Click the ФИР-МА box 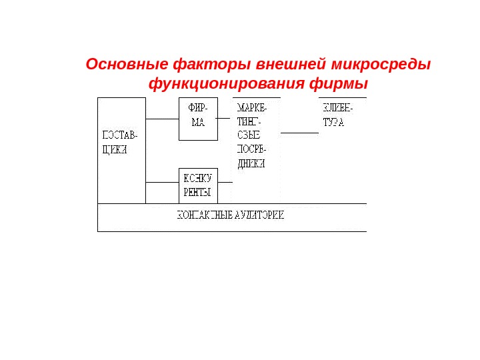pyautogui.click(x=198, y=119)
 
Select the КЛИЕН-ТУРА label pyautogui.click(x=337, y=116)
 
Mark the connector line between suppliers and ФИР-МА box pyautogui.click(x=162, y=119)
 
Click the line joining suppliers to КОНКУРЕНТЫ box pyautogui.click(x=162, y=182)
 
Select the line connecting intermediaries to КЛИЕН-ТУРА pyautogui.click(x=299, y=133)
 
